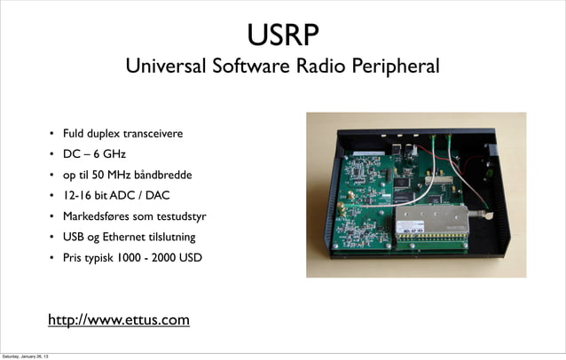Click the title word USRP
click(282, 36)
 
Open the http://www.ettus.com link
click(119, 318)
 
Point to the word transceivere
click(153, 134)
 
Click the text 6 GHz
click(98, 154)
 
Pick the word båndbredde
click(161, 175)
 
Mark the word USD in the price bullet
click(189, 258)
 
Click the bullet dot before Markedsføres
click(52, 217)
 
